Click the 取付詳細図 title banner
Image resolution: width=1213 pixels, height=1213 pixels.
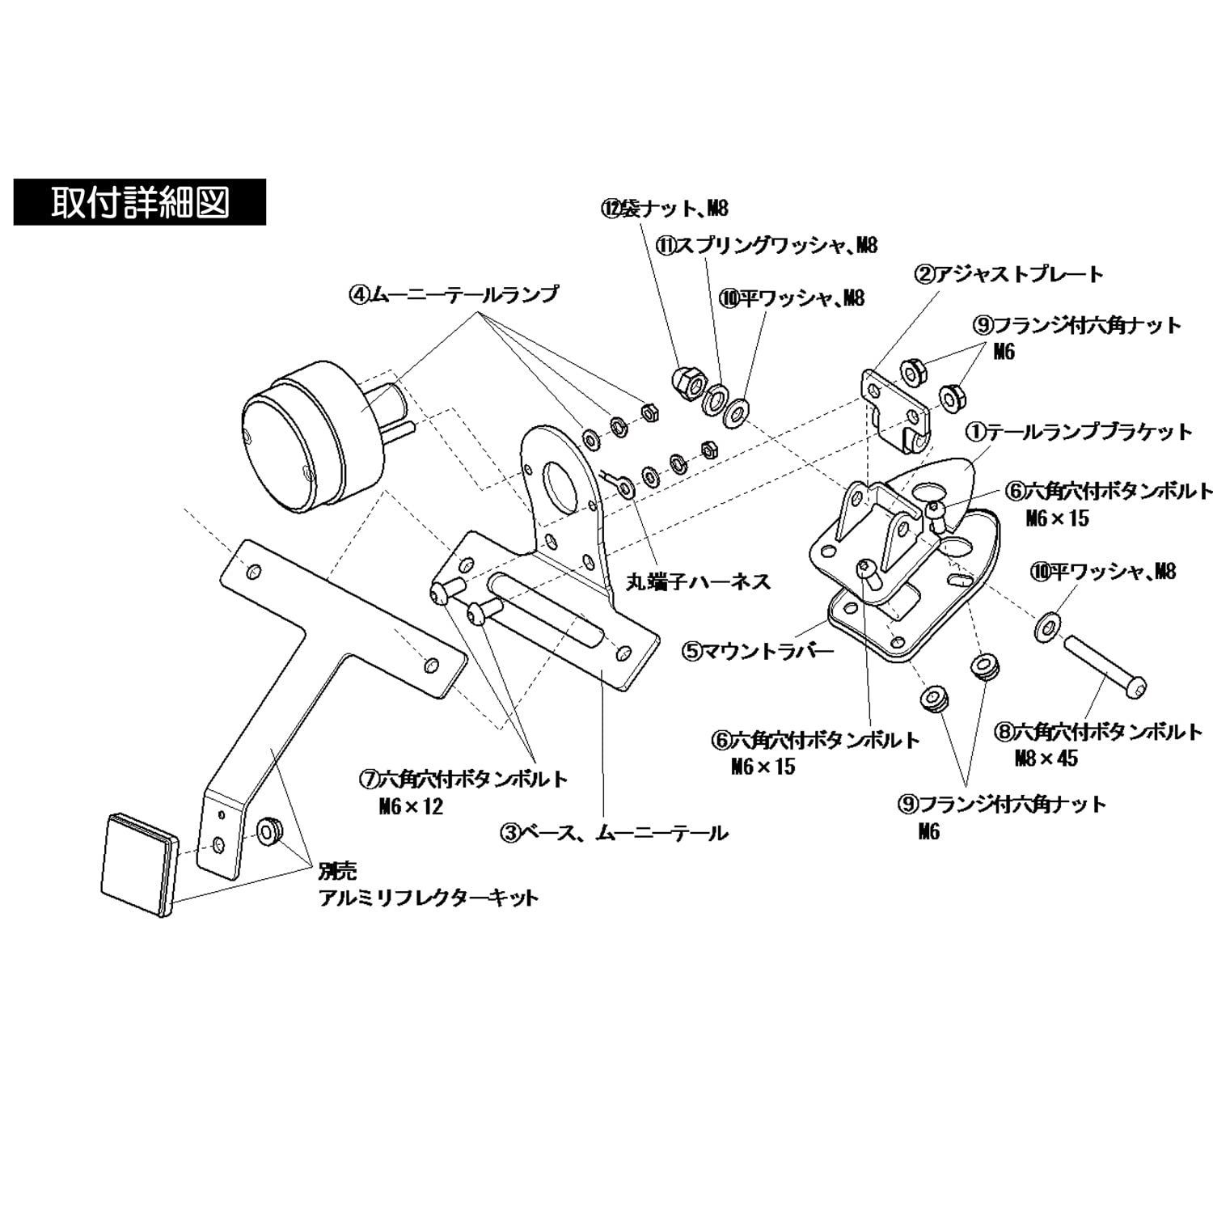pyautogui.click(x=139, y=201)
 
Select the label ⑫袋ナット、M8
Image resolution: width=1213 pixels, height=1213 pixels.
pyautogui.click(x=665, y=209)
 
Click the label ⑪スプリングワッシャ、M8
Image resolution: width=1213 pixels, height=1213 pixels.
pyautogui.click(x=767, y=245)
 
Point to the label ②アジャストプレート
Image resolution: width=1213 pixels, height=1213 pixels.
pyautogui.click(x=1008, y=275)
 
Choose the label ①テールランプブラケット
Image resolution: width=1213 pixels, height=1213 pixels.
pyautogui.click(x=1080, y=432)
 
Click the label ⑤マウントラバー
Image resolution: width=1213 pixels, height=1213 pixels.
pyautogui.click(x=758, y=649)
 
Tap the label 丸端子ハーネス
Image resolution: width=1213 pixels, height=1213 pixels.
pyautogui.click(x=699, y=581)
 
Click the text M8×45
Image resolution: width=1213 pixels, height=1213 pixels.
pyautogui.click(x=1046, y=759)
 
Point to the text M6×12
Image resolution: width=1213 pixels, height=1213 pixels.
pyautogui.click(x=412, y=806)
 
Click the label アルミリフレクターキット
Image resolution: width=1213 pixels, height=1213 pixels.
pyautogui.click(x=428, y=898)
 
